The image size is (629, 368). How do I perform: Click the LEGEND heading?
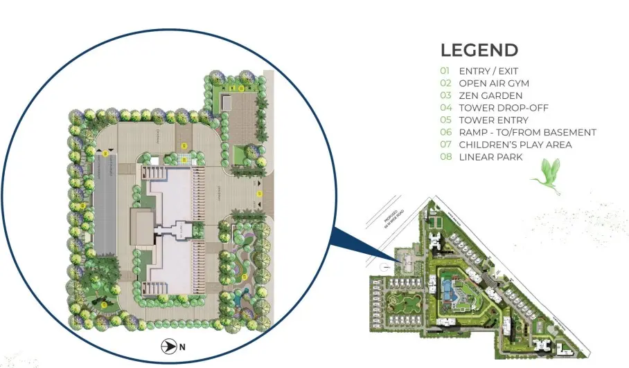click(479, 50)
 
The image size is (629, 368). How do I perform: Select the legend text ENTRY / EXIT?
click(488, 71)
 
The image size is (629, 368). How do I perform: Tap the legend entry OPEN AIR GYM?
click(493, 83)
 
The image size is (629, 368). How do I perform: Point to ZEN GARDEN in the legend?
click(490, 95)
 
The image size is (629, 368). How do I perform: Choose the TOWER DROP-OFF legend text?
click(500, 107)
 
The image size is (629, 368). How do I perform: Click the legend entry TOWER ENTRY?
click(493, 120)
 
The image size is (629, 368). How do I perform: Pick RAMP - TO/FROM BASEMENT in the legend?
click(527, 132)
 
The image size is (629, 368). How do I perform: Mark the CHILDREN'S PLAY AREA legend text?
click(515, 145)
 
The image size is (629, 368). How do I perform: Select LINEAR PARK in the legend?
click(490, 157)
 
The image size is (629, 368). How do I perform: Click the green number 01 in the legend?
click(445, 71)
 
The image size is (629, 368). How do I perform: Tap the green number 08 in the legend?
click(445, 157)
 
